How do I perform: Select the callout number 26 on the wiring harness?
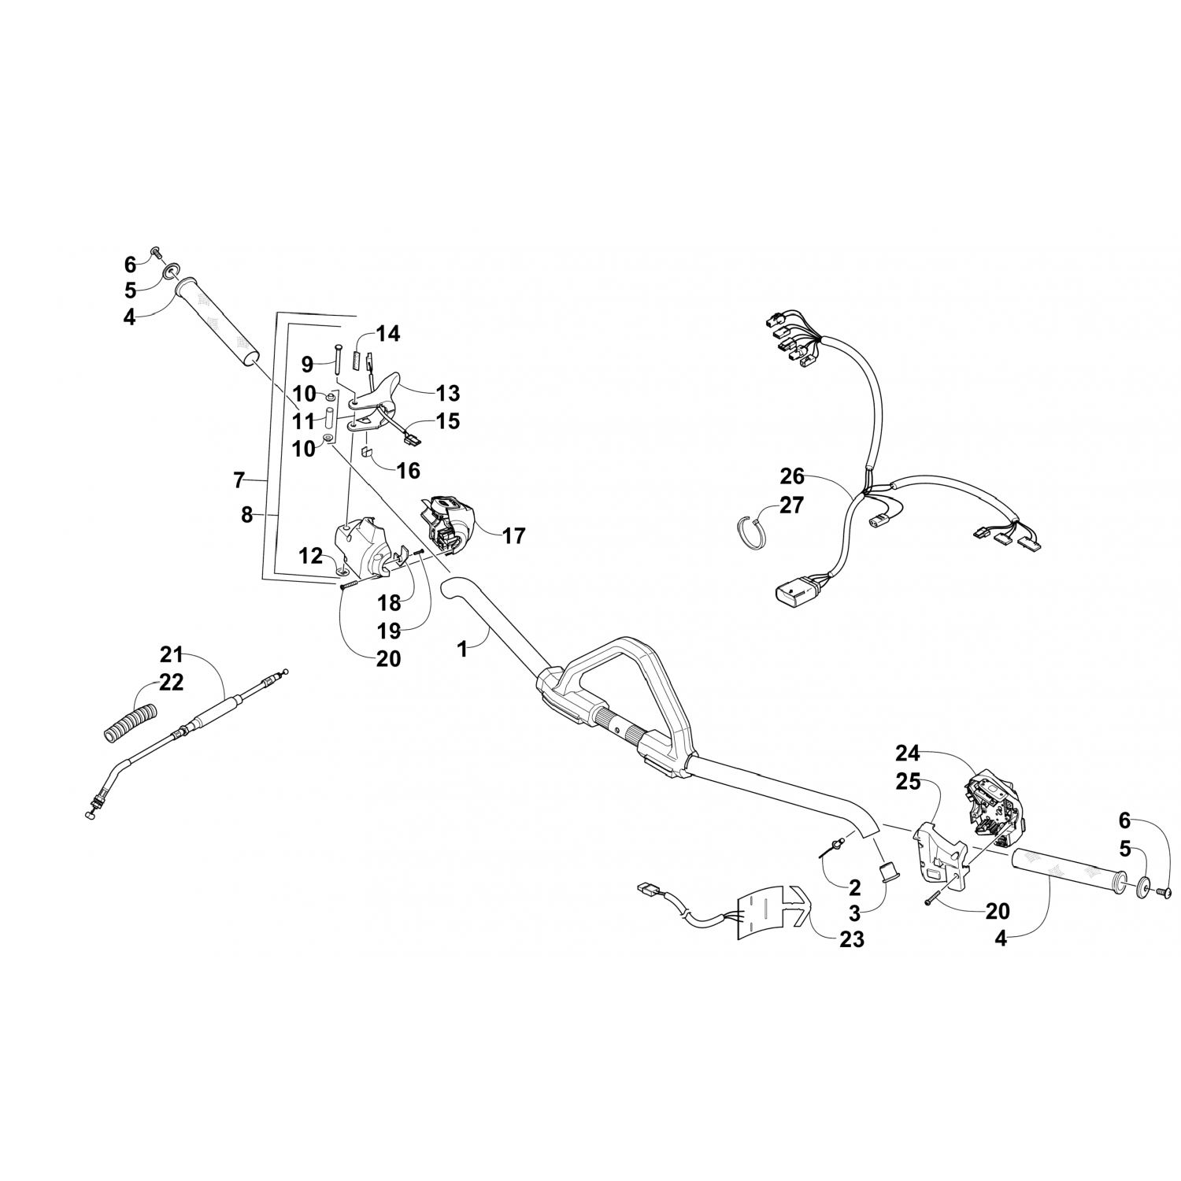pos(792,476)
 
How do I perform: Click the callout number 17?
pos(513,536)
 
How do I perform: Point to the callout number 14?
pos(387,334)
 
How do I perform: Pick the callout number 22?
pos(172,683)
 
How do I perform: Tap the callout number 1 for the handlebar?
pos(462,649)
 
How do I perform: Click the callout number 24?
pos(907,753)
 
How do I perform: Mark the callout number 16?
pos(408,471)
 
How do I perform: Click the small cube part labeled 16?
pos(367,453)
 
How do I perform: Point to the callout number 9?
pos(307,365)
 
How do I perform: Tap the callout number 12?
pos(311,556)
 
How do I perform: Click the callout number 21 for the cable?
pos(172,653)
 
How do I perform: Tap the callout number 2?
pos(854,888)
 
